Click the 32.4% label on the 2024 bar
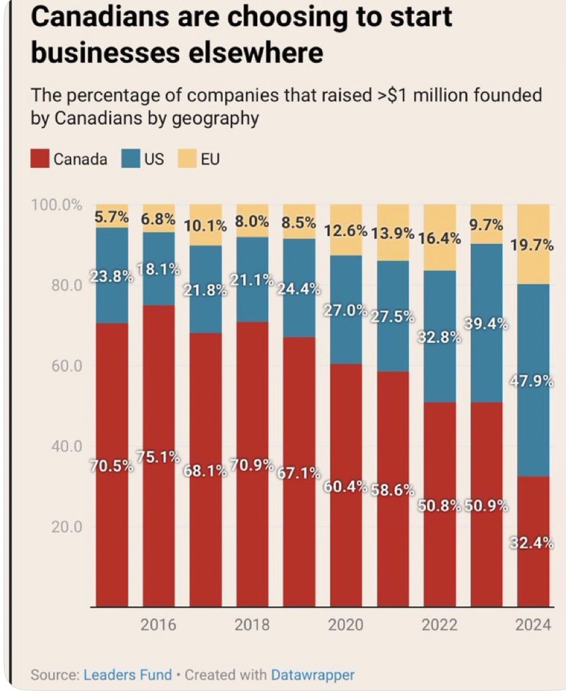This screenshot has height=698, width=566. [x=533, y=542]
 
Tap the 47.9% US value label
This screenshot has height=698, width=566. [x=533, y=381]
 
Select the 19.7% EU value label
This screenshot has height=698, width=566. [x=533, y=246]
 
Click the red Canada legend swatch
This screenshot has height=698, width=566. [x=40, y=159]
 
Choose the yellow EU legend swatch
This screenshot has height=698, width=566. [x=185, y=159]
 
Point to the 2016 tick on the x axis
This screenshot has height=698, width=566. [x=159, y=625]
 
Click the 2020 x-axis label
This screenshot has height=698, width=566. [x=346, y=625]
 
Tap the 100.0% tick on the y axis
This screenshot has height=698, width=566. [x=56, y=205]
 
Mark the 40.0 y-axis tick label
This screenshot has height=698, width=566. [x=66, y=446]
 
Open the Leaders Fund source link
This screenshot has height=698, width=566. [x=127, y=675]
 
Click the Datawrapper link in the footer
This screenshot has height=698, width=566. [x=312, y=675]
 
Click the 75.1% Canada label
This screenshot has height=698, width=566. [x=159, y=457]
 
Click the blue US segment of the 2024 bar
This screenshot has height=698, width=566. [x=533, y=429]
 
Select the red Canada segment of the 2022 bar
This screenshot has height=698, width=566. [x=440, y=551]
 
